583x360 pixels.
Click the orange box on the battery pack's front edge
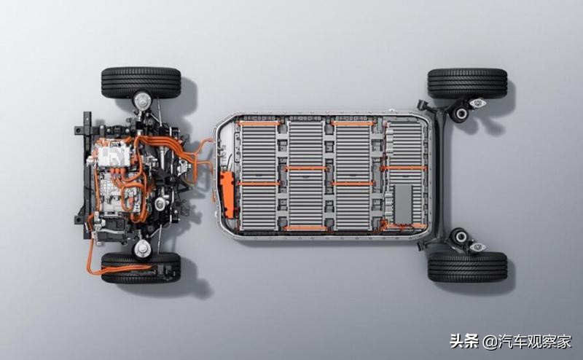(227, 194)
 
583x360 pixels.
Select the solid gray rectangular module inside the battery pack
(403, 203)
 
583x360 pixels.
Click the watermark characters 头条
(464, 340)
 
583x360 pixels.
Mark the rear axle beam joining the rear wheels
(439, 174)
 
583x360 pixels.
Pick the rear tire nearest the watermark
(468, 267)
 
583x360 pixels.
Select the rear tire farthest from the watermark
(468, 83)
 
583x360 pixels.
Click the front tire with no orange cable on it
(141, 82)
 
